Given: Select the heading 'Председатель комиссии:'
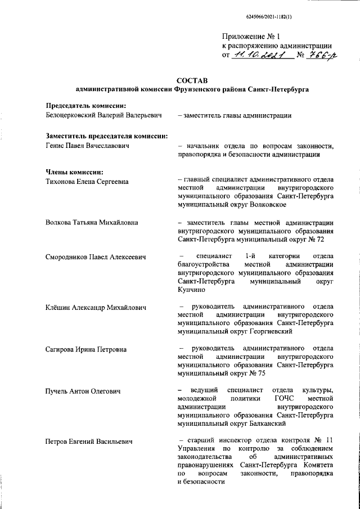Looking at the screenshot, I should pos(85,106).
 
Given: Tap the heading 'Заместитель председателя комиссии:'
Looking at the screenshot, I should pos(106,136).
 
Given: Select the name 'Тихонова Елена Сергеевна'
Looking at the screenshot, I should pos(87,181).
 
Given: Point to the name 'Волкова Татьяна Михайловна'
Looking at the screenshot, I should pos(91,222).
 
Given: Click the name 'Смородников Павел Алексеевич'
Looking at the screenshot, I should pos(96,257).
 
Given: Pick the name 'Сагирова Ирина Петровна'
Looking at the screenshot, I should pos(85,349).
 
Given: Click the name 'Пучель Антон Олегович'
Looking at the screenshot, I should pos(83,390).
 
